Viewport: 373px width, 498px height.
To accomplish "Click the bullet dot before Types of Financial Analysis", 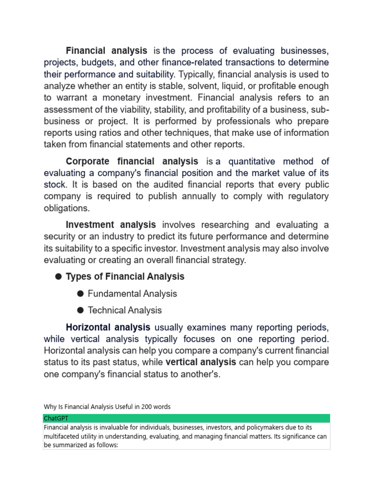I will click(58, 277).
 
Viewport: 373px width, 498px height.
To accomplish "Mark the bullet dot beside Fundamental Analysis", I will click(80, 294).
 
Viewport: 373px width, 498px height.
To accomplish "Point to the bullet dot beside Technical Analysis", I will click(80, 310).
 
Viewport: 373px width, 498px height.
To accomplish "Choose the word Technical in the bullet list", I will click(106, 310).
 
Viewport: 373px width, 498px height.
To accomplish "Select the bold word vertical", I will click(182, 362).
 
